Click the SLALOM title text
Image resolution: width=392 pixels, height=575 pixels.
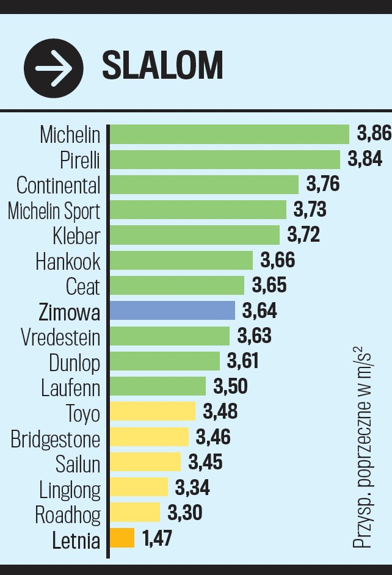[162, 65]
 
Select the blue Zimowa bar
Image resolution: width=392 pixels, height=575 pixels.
[172, 311]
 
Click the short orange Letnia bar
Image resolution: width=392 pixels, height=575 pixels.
[122, 538]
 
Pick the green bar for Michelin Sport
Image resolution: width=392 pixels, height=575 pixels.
[198, 209]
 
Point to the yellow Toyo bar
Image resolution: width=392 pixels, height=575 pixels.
[153, 411]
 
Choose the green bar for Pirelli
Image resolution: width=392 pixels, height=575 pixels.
[225, 159]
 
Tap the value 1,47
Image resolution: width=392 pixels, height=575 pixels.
[157, 538]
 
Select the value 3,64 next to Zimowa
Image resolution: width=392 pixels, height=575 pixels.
[260, 311]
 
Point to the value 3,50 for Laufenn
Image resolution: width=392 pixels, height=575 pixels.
[230, 386]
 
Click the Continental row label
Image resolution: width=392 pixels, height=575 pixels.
[59, 185]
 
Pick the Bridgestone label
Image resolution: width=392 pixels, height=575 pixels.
[56, 438]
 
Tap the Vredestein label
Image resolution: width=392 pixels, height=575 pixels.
[60, 336]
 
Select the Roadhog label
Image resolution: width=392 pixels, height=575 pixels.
[68, 514]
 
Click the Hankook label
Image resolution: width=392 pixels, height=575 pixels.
[68, 261]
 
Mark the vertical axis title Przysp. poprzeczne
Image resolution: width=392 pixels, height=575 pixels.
[362, 446]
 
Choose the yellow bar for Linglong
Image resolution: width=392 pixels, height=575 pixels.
[139, 487]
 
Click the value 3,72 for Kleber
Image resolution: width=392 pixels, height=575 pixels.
[303, 234]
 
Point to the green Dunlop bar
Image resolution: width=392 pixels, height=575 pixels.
[165, 361]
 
